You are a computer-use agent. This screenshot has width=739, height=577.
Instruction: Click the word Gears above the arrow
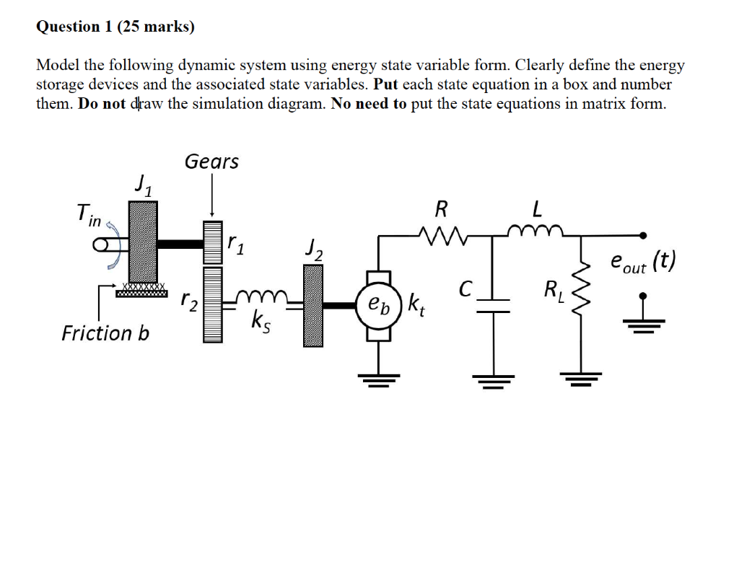[x=211, y=162]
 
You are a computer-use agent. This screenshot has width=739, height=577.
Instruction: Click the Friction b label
[x=105, y=333]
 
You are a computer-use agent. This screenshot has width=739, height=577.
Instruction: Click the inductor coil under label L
[x=535, y=231]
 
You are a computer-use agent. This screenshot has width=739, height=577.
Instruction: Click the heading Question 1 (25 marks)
[x=115, y=27]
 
